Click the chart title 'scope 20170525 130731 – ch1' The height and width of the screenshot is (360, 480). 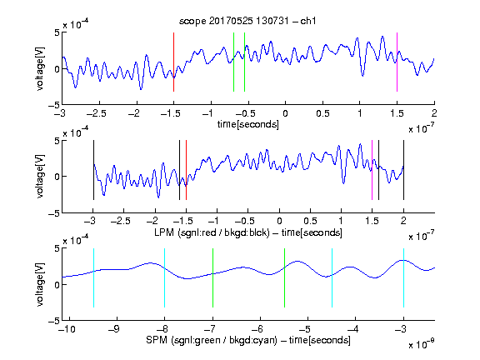[247, 21]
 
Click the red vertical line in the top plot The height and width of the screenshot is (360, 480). [173, 62]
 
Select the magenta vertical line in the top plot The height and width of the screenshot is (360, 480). [397, 62]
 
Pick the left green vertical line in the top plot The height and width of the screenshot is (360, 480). [233, 62]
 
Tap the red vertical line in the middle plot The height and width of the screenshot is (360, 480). [186, 170]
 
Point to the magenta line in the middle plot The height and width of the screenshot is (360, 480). [372, 170]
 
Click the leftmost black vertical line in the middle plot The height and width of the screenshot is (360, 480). [93, 170]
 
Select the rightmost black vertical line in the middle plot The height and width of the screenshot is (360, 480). [403, 170]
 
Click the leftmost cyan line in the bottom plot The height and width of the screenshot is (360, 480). [93, 277]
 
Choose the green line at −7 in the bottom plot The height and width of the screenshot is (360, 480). [212, 277]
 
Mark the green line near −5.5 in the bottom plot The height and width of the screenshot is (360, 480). [284, 277]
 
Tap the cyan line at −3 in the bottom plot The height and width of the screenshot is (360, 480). [403, 277]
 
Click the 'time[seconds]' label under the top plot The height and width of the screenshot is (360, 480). [248, 125]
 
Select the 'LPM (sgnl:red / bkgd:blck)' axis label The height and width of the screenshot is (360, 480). [212, 232]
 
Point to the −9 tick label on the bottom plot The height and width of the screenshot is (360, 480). [114, 329]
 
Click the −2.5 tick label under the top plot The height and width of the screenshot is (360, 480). [97, 113]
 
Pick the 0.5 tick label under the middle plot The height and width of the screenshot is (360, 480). [310, 221]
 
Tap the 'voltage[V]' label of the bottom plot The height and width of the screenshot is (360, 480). [40, 284]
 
